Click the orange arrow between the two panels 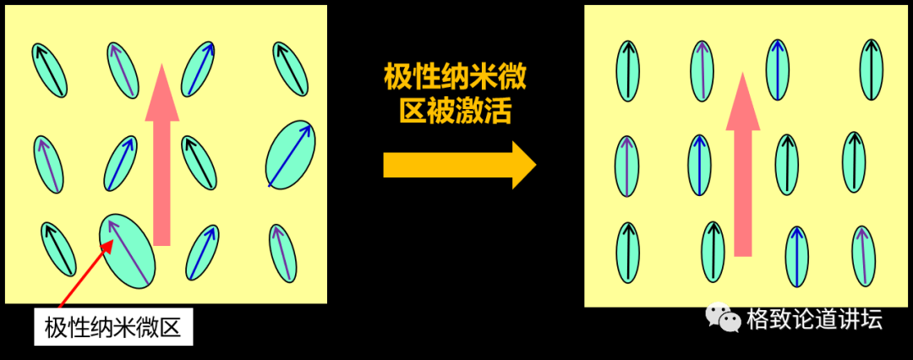(x=456, y=165)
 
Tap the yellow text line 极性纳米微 (x=456, y=79)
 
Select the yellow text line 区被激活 (x=456, y=112)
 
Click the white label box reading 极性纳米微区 (x=113, y=326)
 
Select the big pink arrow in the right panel (x=743, y=165)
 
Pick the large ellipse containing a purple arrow (x=128, y=250)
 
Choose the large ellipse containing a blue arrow (x=290, y=154)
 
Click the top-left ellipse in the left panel (x=50, y=69)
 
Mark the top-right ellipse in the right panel (x=872, y=70)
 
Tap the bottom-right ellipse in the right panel (x=863, y=255)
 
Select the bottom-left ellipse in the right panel (x=628, y=252)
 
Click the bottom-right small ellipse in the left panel (x=282, y=252)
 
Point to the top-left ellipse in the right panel (x=628, y=70)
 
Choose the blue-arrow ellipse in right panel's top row (x=778, y=69)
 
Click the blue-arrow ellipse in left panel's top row (x=200, y=68)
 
